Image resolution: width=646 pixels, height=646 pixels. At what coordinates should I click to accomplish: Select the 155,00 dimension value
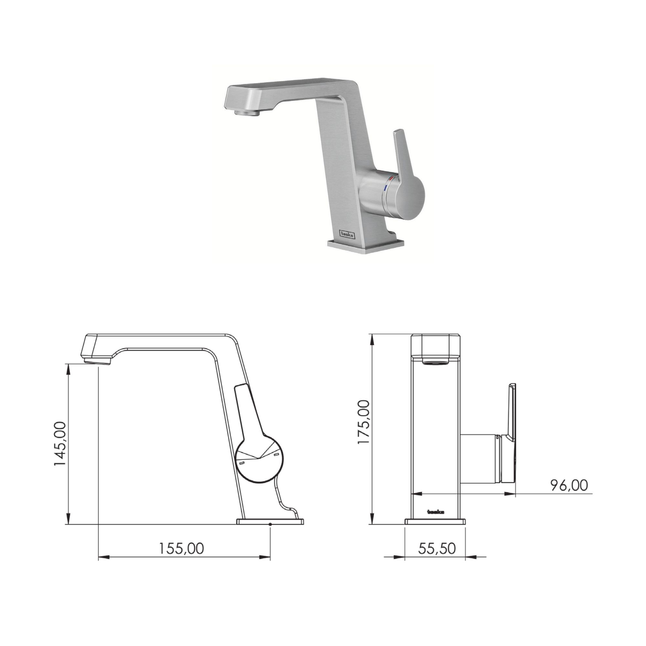[x=181, y=549]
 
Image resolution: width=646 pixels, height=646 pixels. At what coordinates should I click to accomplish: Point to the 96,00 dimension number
[x=569, y=485]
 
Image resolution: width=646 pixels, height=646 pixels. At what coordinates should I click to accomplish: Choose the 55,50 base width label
[x=437, y=549]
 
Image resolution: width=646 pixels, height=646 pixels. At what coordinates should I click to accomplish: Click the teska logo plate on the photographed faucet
[x=348, y=234]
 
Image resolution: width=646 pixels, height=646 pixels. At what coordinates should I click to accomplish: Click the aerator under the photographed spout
[x=247, y=113]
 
